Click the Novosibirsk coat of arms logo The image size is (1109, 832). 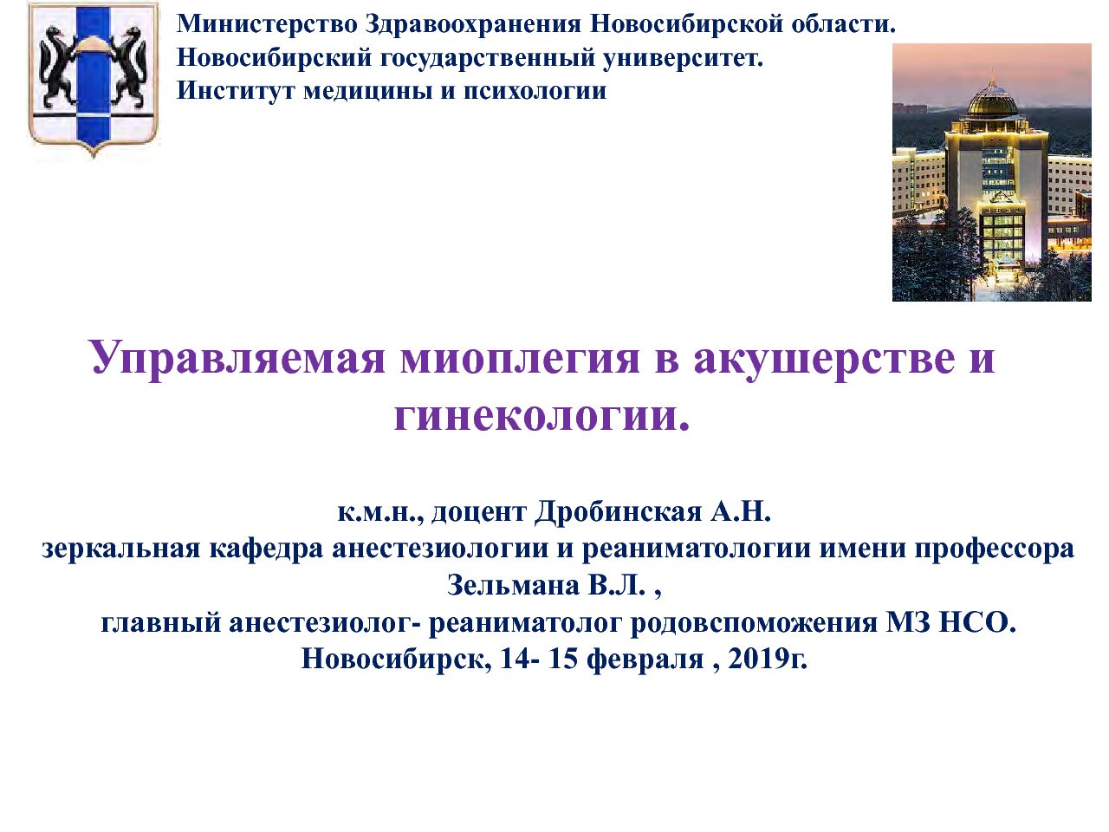coord(94,80)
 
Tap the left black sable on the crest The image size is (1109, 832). coord(57,68)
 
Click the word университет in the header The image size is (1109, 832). coord(683,58)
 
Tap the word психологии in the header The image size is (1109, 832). coord(535,92)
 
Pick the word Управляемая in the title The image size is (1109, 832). coord(238,358)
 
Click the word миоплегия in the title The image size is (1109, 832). coord(520,358)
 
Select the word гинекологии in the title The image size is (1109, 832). coord(542,417)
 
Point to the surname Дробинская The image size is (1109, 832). coord(619,512)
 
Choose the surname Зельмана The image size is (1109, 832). coord(513,586)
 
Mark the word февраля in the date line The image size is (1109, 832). coord(645,660)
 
